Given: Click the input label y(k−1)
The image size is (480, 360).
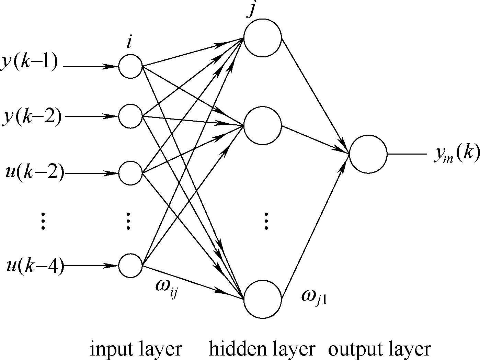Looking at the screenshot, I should click(30, 64).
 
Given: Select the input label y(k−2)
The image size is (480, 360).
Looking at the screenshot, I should click(32, 117).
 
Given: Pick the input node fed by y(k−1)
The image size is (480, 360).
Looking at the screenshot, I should click(130, 66).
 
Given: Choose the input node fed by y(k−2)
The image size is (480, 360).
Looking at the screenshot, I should click(130, 116).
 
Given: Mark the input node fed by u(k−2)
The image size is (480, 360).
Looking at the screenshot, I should click(130, 173).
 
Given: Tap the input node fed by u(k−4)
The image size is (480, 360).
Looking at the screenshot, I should click(130, 266).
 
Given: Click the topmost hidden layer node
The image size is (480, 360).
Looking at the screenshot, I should click(262, 37).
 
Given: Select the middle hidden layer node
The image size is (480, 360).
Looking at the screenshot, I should click(262, 125).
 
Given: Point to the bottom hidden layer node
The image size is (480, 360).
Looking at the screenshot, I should click(262, 299).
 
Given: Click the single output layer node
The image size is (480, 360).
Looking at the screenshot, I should click(368, 154).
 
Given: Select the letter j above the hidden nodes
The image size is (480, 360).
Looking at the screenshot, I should click(252, 10).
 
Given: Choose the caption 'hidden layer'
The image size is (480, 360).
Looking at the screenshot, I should click(262, 349).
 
